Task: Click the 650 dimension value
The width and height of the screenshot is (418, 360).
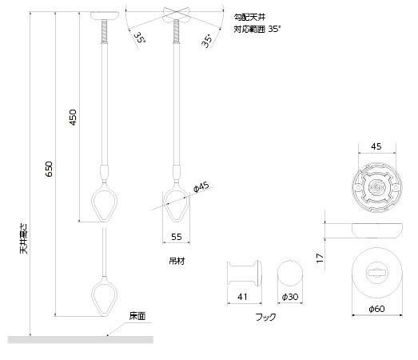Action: click(48, 170)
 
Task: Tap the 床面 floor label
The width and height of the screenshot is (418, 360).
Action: click(137, 316)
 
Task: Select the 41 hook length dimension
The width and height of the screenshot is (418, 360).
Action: click(241, 298)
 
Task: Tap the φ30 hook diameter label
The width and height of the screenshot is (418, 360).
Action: click(290, 298)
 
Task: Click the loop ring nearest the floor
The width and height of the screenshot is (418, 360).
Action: click(104, 297)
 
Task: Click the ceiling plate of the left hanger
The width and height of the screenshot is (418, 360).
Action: click(105, 16)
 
